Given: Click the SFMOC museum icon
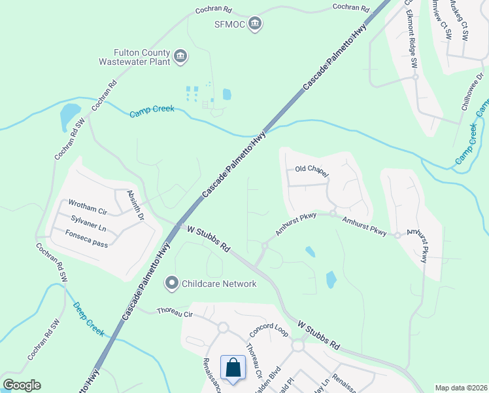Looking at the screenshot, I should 256,24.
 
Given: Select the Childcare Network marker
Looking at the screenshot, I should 172,283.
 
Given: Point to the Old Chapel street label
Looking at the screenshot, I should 311,170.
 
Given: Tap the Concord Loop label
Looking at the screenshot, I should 268,329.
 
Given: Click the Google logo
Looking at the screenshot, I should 22,385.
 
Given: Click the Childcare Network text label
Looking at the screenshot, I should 219,284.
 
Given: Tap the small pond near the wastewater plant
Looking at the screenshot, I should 227,94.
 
